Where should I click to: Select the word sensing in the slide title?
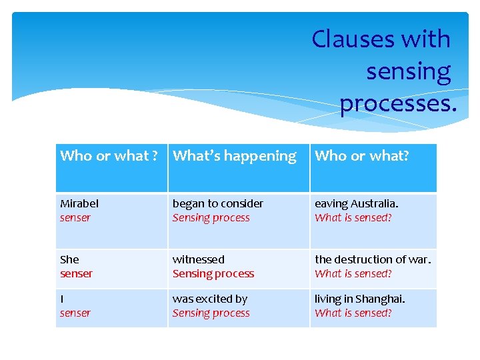click(x=408, y=72)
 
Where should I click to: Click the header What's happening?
click(x=235, y=156)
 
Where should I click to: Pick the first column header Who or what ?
click(x=109, y=156)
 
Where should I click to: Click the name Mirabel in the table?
click(x=79, y=203)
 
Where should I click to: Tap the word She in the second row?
click(x=69, y=259)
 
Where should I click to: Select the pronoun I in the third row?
click(x=62, y=299)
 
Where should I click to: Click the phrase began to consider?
click(x=217, y=203)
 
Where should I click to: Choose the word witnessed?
click(x=198, y=259)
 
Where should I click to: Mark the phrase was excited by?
click(x=209, y=299)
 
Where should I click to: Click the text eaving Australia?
click(x=356, y=203)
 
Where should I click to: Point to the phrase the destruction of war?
click(x=373, y=259)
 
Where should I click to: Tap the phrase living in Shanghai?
click(x=359, y=299)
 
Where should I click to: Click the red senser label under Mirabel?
click(x=75, y=218)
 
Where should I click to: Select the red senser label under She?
click(x=76, y=274)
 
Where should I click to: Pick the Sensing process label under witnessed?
click(x=213, y=274)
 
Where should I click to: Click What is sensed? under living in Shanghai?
click(x=353, y=313)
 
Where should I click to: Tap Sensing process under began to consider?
click(x=211, y=218)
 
